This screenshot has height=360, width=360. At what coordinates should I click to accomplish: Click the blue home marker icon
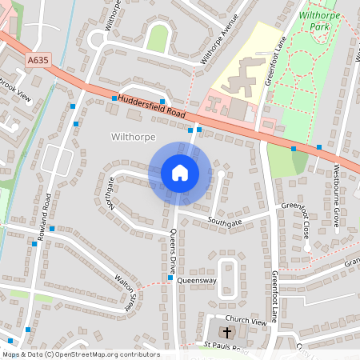pyautogui.click(x=180, y=173)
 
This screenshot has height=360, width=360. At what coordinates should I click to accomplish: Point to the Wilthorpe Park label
pyautogui.click(x=318, y=20)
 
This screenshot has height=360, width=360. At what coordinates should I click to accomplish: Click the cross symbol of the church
pyautogui.click(x=226, y=332)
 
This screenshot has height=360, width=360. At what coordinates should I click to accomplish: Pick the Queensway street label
pyautogui.click(x=197, y=282)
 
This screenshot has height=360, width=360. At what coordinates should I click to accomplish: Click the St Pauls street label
pyautogui.click(x=225, y=347)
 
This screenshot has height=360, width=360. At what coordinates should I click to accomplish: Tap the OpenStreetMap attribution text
pyautogui.click(x=80, y=354)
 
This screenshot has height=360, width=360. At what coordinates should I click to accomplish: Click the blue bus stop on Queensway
pyautogui.click(x=170, y=278)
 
